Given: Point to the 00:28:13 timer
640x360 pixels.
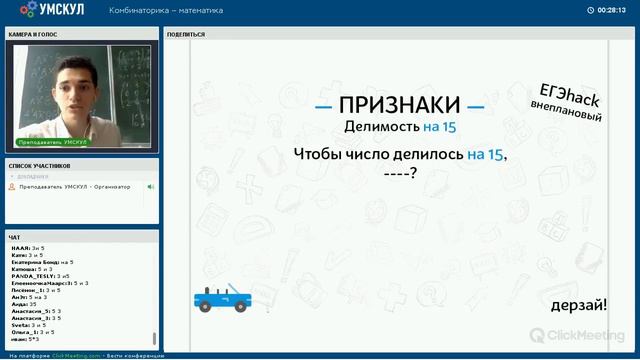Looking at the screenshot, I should (x=611, y=10).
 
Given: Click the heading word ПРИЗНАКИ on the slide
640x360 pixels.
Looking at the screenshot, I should (x=399, y=105).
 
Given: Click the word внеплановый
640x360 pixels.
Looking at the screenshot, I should (x=567, y=112).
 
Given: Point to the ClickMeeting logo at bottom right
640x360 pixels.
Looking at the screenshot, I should (x=588, y=333).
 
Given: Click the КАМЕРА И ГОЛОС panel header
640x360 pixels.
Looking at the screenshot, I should (x=33, y=34).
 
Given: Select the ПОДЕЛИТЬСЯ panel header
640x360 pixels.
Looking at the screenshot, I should (x=186, y=34).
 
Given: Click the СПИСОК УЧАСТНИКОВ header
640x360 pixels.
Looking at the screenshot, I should (x=39, y=164).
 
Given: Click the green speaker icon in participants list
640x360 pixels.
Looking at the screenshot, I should (x=151, y=187).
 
